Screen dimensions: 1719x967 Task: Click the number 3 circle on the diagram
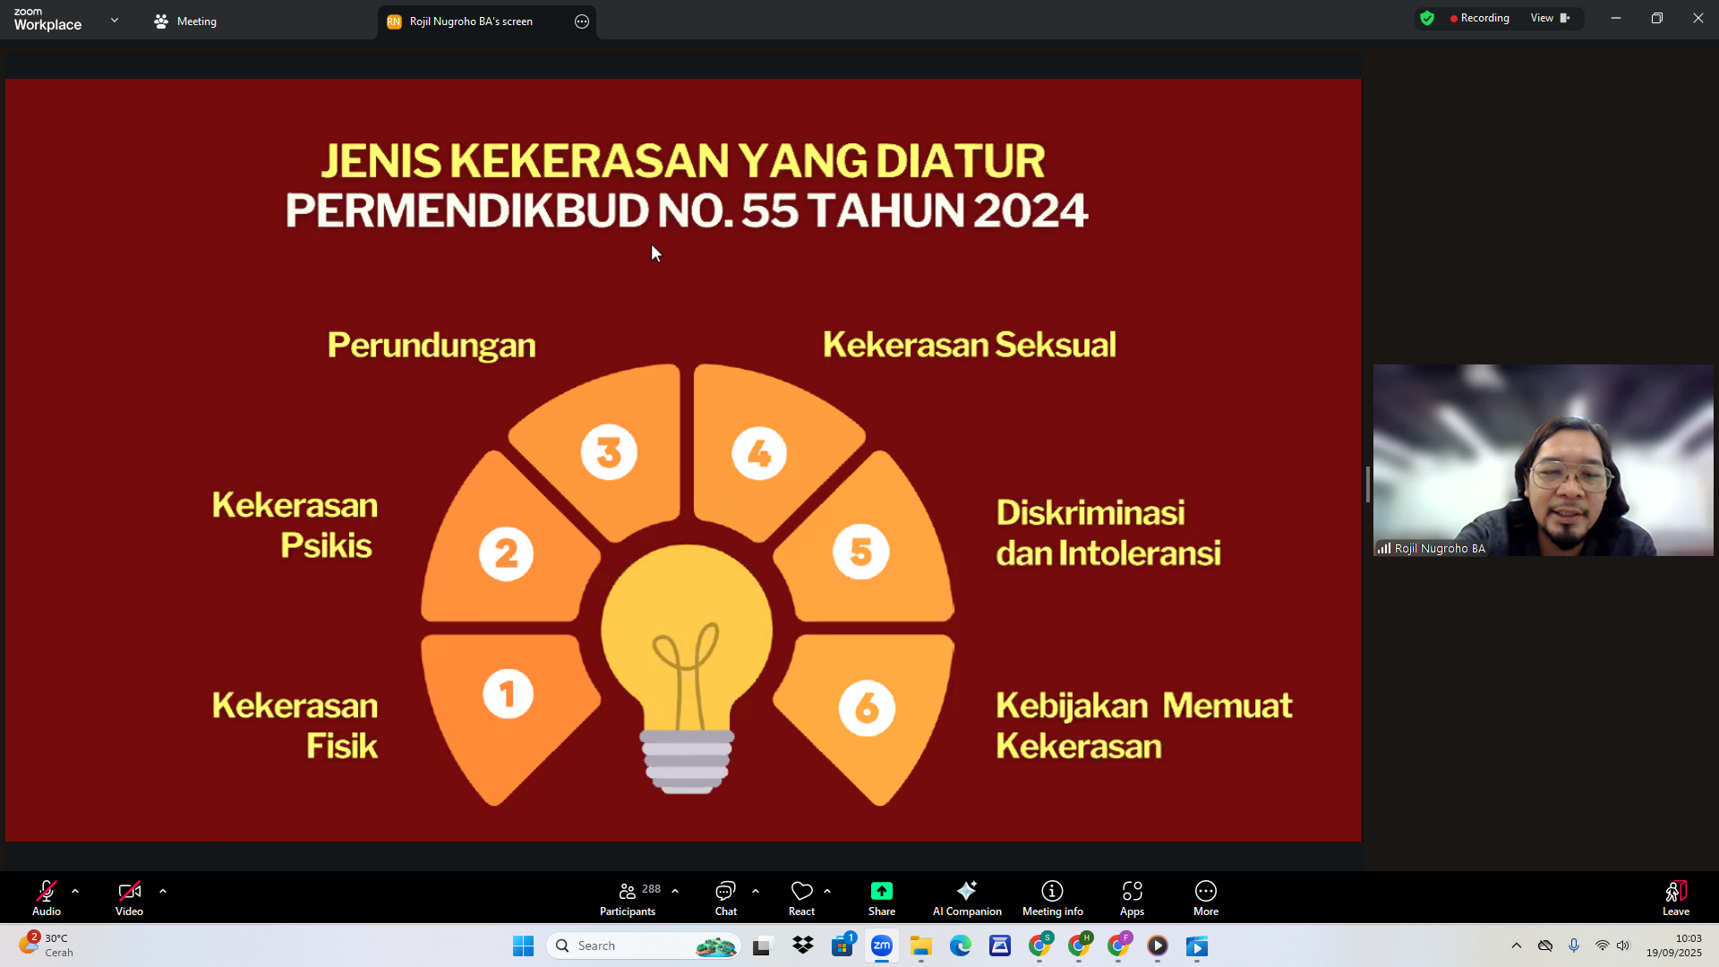click(x=609, y=452)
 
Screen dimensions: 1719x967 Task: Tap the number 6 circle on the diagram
click(x=867, y=708)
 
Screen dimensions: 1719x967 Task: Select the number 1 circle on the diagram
click(x=508, y=694)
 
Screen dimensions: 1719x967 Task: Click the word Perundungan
click(x=432, y=346)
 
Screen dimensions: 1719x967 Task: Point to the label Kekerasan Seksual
click(x=970, y=345)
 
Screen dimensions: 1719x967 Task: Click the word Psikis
click(x=326, y=545)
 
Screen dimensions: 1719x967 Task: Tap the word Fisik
click(x=342, y=746)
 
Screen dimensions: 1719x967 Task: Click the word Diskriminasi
click(x=1090, y=513)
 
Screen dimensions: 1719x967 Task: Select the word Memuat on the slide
click(x=1227, y=706)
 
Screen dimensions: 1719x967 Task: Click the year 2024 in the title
click(x=1030, y=210)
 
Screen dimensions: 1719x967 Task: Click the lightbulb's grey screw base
click(x=687, y=761)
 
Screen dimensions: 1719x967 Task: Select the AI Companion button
click(x=967, y=898)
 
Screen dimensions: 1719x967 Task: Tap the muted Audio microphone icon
click(x=47, y=891)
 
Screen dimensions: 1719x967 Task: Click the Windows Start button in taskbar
click(x=523, y=946)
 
